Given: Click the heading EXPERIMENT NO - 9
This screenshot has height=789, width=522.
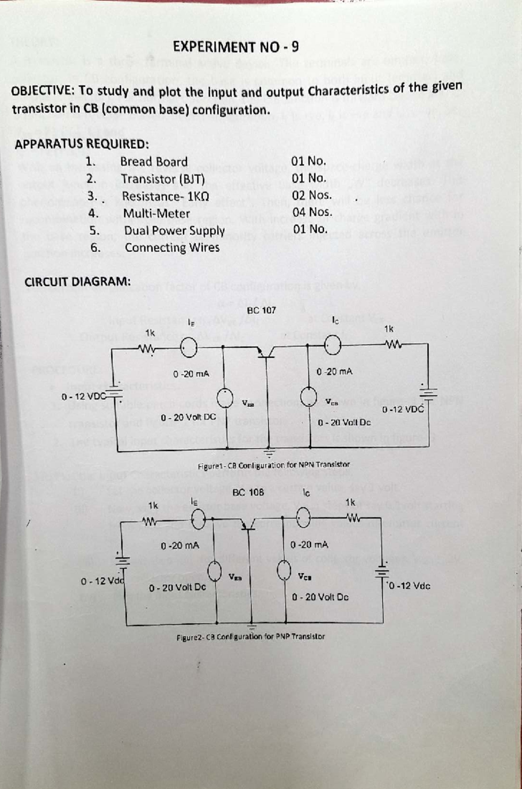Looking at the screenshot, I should [235, 47].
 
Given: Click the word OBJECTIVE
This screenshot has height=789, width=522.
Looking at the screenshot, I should [38, 92].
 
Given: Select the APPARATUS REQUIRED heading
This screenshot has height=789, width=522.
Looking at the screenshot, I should [82, 144].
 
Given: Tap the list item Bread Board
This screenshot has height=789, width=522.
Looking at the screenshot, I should [154, 161].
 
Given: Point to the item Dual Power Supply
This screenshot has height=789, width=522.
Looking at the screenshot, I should [174, 230].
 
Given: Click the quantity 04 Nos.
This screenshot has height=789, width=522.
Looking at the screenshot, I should [312, 212].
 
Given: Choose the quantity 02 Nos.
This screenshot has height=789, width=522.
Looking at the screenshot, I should [311, 195].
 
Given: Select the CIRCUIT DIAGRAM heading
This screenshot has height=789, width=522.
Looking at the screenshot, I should [77, 282].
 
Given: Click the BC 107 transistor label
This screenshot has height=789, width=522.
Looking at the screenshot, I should [261, 310].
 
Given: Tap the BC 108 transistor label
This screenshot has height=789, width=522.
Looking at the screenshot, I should [248, 492].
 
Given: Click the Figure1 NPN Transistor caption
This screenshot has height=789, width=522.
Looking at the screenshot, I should [274, 465].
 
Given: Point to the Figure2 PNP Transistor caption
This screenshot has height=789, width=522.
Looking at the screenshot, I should [251, 636].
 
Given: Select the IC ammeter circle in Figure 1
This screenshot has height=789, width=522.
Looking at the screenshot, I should [333, 346].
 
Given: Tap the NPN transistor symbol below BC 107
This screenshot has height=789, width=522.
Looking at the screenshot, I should [265, 352].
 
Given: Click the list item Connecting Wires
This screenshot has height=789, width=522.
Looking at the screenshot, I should [172, 247].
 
